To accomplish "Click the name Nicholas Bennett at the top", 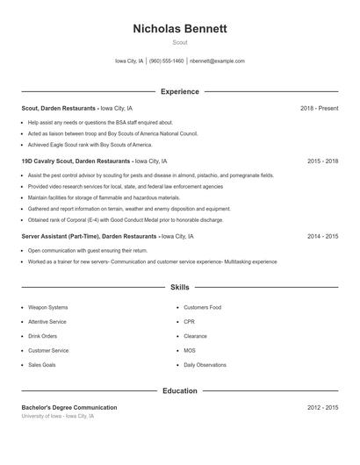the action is click(179, 29).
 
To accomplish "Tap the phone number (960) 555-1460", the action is click(166, 61).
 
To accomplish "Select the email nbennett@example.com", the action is click(217, 61).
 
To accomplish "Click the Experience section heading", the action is click(179, 91).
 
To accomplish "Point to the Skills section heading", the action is click(179, 287).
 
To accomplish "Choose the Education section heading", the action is click(179, 390).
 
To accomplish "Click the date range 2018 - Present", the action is click(319, 108).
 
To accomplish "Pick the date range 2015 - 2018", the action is click(322, 161).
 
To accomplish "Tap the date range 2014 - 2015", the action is click(322, 236).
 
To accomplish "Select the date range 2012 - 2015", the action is click(322, 407).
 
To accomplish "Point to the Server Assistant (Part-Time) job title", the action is click(58, 236).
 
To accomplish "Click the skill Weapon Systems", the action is click(47, 308).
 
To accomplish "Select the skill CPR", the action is click(189, 322).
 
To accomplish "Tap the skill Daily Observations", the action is click(205, 364).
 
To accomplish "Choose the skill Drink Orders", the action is click(42, 336).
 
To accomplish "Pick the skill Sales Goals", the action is click(41, 364).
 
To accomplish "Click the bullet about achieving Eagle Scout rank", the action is click(83, 143).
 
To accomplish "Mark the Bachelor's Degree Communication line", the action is click(68, 407).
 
